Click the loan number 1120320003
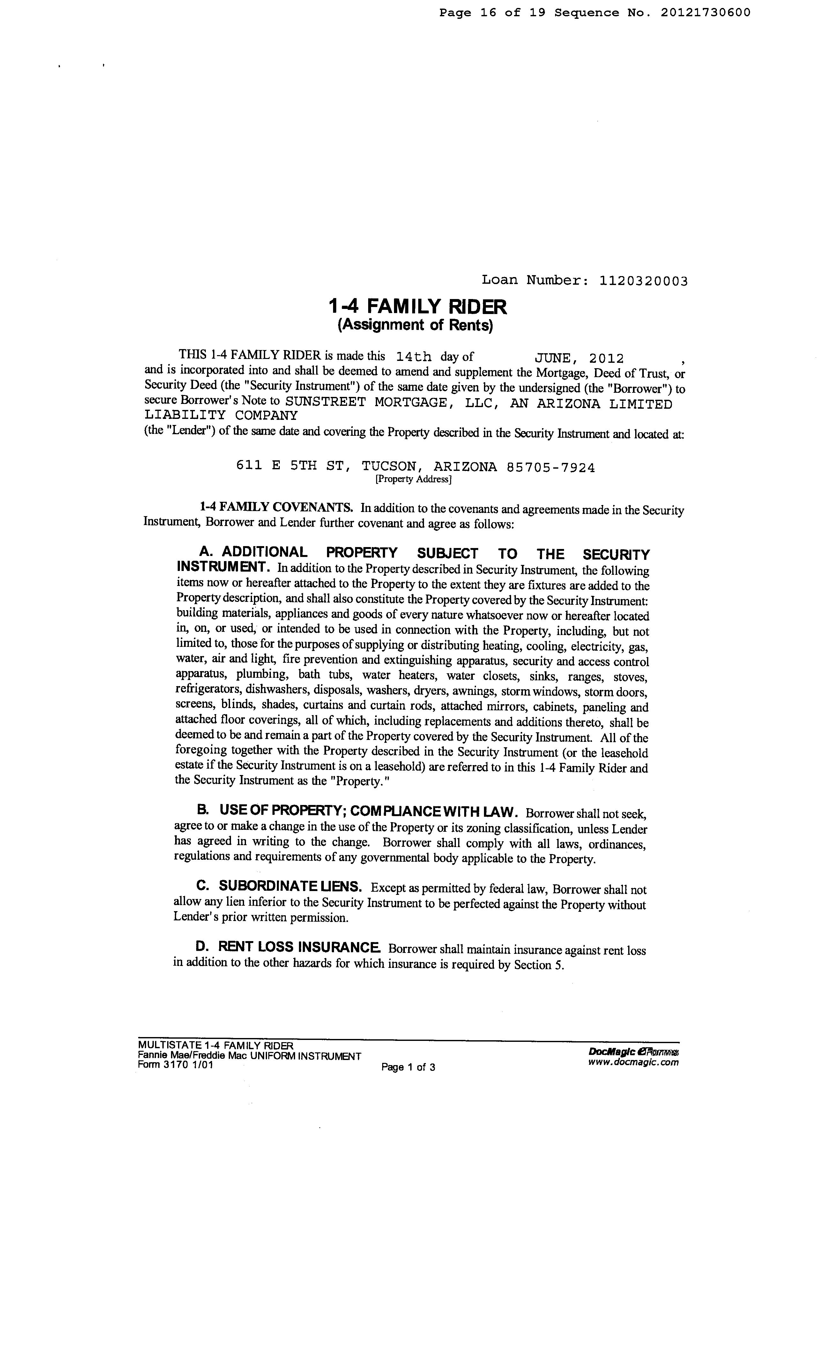coord(643,281)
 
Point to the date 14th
coord(413,357)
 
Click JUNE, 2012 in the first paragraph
coord(579,358)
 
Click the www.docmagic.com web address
coord(633,1062)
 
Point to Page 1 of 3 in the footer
coord(408,1067)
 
